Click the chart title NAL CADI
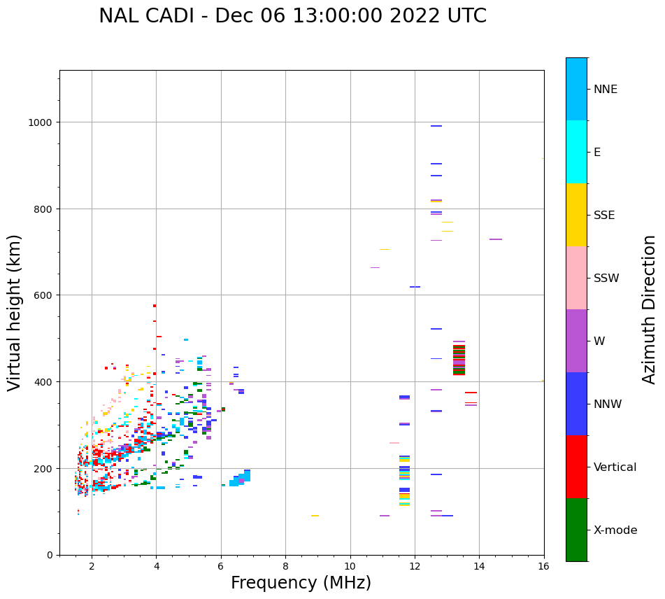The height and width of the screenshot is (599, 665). [x=292, y=16]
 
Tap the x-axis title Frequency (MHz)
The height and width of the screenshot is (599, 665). [x=301, y=583]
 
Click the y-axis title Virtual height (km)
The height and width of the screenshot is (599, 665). [x=15, y=312]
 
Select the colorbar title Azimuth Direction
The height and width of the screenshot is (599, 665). [x=650, y=309]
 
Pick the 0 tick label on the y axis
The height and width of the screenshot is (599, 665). [x=49, y=555]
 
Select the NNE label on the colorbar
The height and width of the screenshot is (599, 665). [x=606, y=90]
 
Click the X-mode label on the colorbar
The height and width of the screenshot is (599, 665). [x=615, y=530]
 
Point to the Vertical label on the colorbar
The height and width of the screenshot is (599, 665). [x=615, y=467]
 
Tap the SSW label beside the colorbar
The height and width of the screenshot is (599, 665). [x=606, y=279]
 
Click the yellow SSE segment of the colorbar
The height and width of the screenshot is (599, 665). [x=576, y=215]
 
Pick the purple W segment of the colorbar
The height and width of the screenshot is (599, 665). [x=576, y=341]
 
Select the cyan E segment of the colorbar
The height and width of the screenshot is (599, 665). [x=576, y=152]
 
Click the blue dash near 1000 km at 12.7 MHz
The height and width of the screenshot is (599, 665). [x=436, y=126]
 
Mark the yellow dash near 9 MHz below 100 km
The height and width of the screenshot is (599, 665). [x=315, y=516]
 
